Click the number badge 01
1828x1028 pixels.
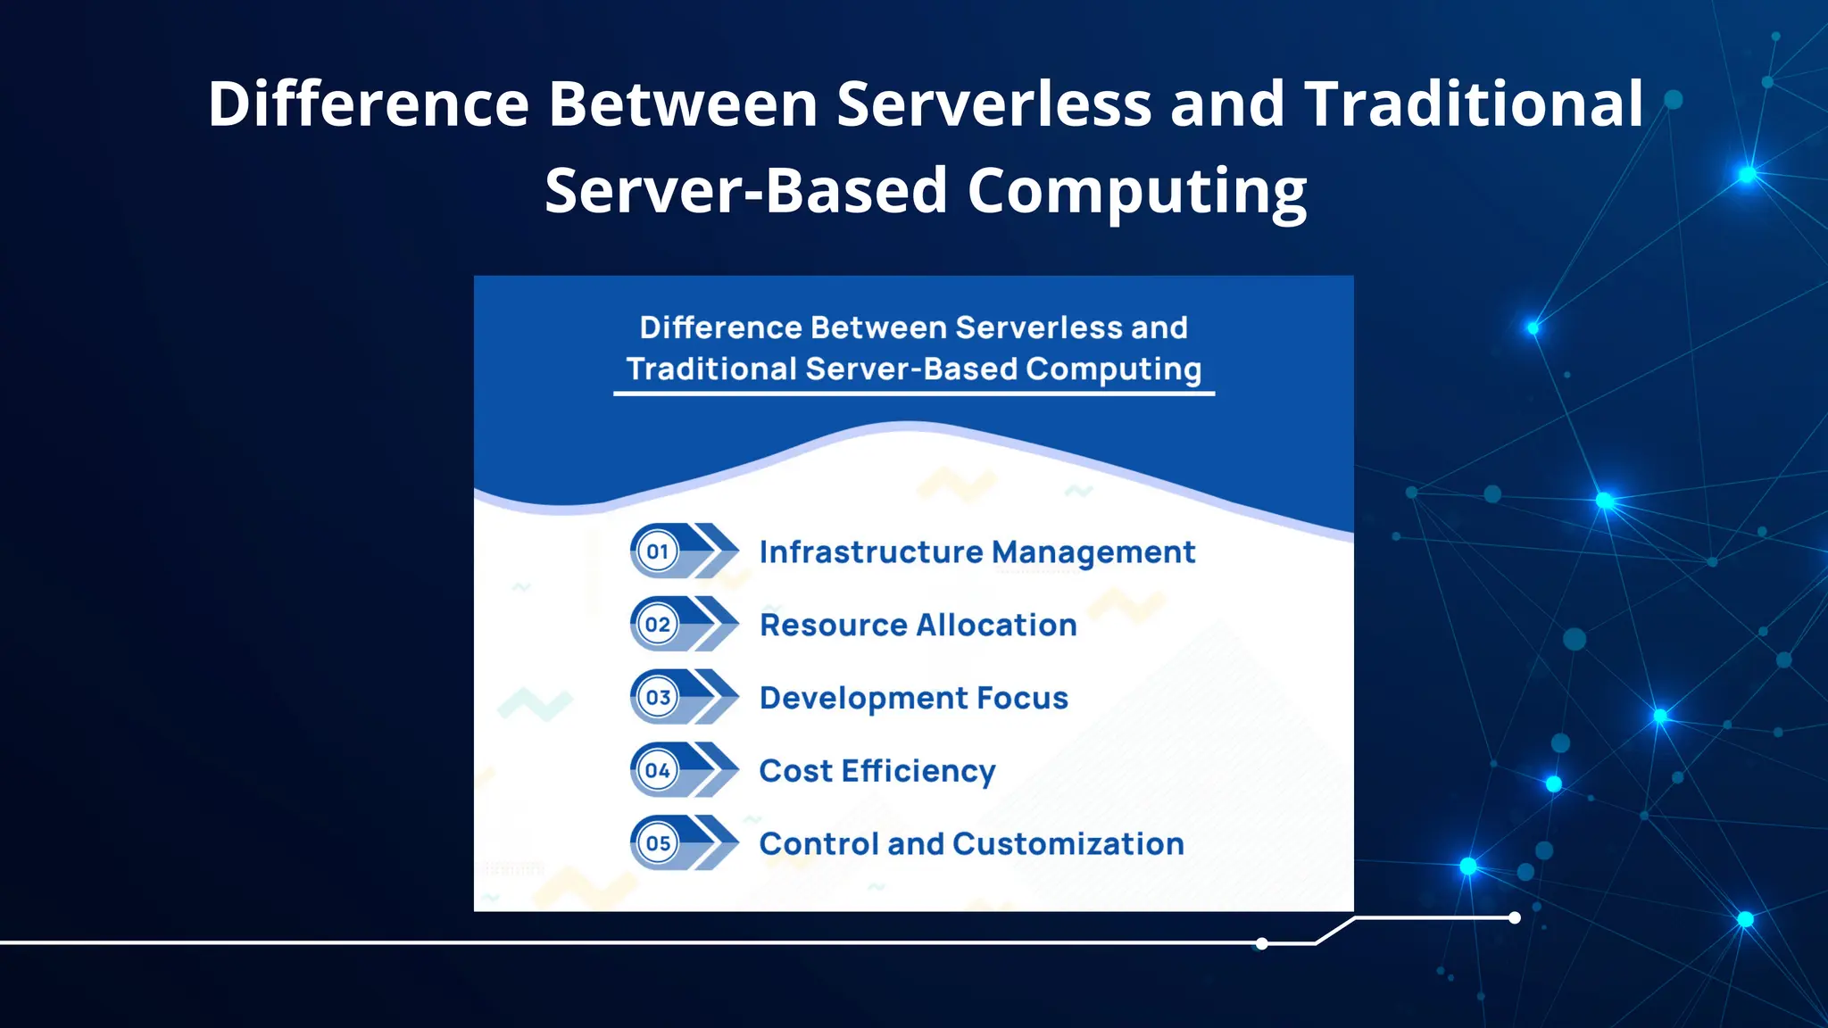658,551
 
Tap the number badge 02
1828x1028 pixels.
658,625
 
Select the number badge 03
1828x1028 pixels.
658,698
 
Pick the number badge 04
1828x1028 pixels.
658,771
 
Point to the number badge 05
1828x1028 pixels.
658,843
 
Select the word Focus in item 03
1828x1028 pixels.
1022,698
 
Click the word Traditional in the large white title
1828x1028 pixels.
1473,104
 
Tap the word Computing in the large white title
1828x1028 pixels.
1136,192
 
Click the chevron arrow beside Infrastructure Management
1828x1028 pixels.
716,551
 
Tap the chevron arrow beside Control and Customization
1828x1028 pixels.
716,842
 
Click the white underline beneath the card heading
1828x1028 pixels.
913,393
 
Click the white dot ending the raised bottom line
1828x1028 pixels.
1515,917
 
